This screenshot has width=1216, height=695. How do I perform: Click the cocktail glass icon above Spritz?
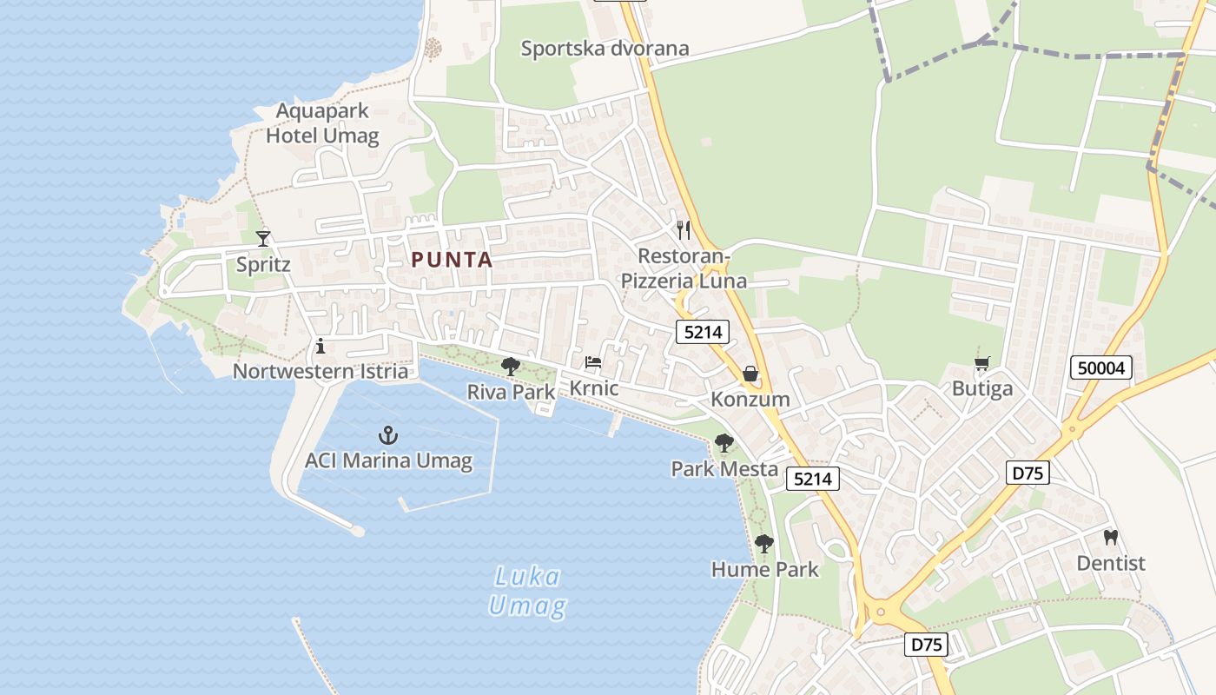pyautogui.click(x=263, y=238)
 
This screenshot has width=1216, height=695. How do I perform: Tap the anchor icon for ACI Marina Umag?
pyautogui.click(x=388, y=434)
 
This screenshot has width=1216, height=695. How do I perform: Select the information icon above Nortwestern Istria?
pyautogui.click(x=321, y=346)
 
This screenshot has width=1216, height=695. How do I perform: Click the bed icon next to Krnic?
pyautogui.click(x=593, y=362)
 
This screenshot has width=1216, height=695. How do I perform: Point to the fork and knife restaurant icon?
pyautogui.click(x=684, y=230)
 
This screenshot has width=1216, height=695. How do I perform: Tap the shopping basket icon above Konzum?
pyautogui.click(x=750, y=374)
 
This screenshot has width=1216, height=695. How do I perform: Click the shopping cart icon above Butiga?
pyautogui.click(x=982, y=363)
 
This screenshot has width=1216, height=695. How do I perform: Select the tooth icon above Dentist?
pyautogui.click(x=1110, y=537)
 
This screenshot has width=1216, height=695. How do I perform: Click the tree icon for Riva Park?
pyautogui.click(x=511, y=366)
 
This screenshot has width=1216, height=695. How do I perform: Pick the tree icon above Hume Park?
pyautogui.click(x=764, y=544)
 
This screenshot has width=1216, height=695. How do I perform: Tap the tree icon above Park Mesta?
pyautogui.click(x=724, y=443)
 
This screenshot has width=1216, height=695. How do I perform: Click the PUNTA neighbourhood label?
pyautogui.click(x=452, y=260)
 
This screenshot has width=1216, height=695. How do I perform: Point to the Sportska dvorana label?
pyautogui.click(x=605, y=49)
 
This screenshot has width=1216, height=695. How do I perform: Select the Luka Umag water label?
pyautogui.click(x=527, y=591)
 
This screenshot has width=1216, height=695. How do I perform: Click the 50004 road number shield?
pyautogui.click(x=1101, y=367)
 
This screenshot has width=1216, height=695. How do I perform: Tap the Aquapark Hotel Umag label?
pyautogui.click(x=322, y=123)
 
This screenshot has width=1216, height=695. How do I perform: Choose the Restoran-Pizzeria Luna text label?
pyautogui.click(x=684, y=268)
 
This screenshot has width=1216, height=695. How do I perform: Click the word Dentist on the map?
pyautogui.click(x=1111, y=563)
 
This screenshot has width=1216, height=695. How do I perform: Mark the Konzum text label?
pyautogui.click(x=750, y=400)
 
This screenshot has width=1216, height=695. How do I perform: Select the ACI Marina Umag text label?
pyautogui.click(x=388, y=460)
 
